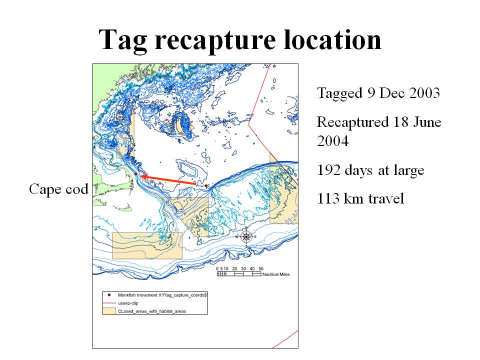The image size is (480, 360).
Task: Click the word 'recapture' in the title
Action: coord(215,40)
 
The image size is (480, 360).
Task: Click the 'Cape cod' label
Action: coord(59,189)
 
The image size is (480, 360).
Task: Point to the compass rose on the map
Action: coord(246,236)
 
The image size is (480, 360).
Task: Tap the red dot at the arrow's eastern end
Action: coord(206,186)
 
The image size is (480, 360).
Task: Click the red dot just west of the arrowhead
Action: coord(135,174)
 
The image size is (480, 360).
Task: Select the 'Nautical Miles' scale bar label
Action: coord(276,274)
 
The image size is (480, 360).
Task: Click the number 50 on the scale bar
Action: coord(261,268)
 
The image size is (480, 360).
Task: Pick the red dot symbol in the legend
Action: coord(109,295)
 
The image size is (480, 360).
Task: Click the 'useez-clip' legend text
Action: coord(128,303)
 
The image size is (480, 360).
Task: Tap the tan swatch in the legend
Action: coord(109,311)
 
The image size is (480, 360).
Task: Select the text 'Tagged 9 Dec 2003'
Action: coord(378,93)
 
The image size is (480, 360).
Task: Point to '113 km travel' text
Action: coord(360,198)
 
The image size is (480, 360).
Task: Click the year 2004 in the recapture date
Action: coord(333,141)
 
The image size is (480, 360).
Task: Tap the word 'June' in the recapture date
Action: coord(427,122)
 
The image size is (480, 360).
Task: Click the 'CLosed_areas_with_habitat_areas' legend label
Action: coord(152,311)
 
